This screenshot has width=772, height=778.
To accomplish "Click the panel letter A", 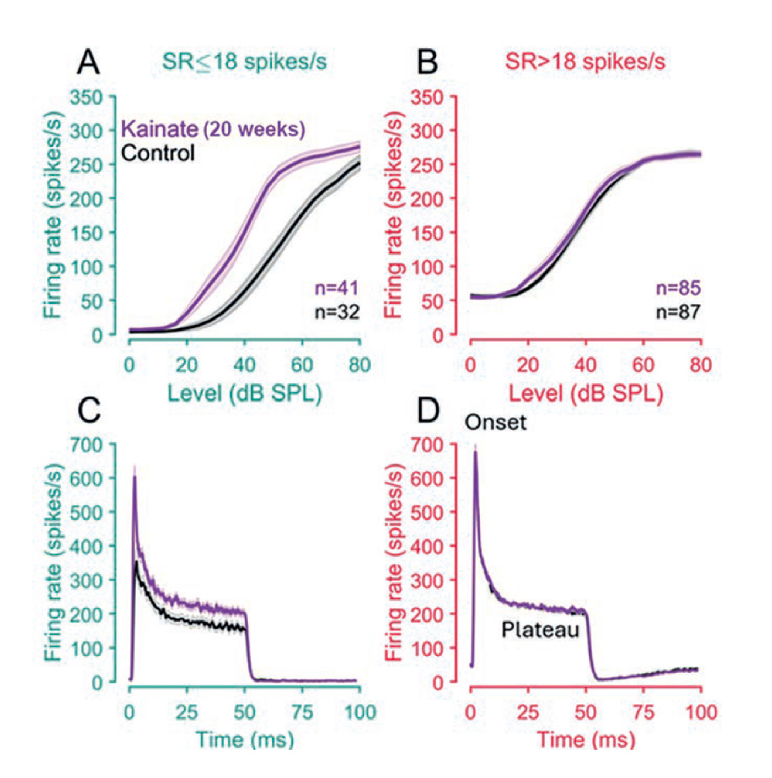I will [x=88, y=62].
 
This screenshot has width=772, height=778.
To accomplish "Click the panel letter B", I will [x=427, y=62].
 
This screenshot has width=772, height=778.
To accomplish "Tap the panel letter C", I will [x=89, y=410].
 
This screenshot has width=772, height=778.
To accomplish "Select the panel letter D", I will [x=428, y=410].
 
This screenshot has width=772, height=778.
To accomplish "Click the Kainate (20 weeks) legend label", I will [x=213, y=129].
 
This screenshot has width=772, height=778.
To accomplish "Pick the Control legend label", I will [x=158, y=153].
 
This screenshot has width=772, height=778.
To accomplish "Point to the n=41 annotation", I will [x=336, y=288].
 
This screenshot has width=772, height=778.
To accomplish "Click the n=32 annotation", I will [x=336, y=312].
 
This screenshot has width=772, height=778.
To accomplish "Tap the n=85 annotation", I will [x=678, y=288].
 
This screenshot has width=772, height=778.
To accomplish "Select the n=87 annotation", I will [x=678, y=312].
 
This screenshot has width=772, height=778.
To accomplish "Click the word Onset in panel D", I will [x=495, y=423].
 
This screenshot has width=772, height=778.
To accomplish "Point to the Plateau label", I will [x=540, y=629].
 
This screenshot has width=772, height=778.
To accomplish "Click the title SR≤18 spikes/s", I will [x=244, y=61].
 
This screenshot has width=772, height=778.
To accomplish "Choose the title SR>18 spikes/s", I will [x=585, y=61].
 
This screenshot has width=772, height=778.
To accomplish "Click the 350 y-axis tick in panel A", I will [x=86, y=98].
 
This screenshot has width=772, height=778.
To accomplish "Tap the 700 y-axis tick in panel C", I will [x=86, y=445].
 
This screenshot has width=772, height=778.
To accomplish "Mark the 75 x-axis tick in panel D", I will [x=643, y=712].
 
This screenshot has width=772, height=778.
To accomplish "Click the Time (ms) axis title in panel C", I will [x=244, y=739].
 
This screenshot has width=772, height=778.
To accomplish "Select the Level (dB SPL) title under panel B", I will [x=585, y=393].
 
